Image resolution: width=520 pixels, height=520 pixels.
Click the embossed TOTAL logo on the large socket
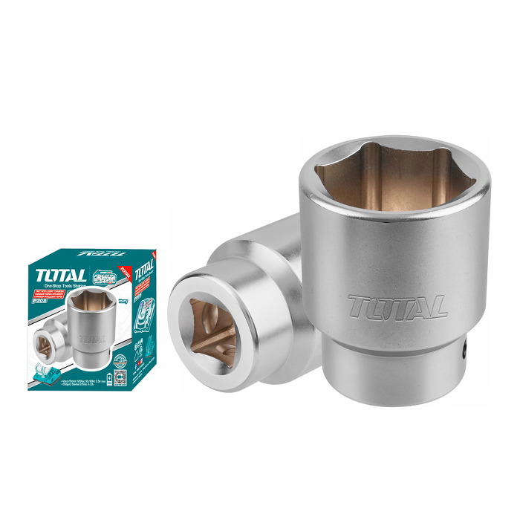coord(397,305)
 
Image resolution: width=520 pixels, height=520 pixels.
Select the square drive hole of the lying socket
coord(209,328)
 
